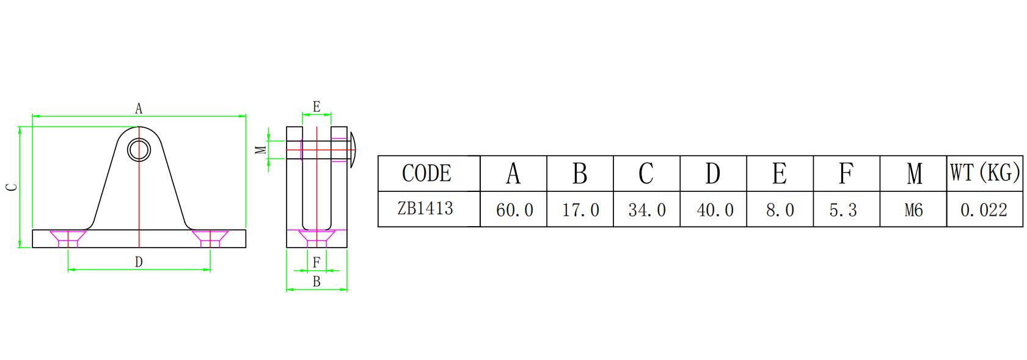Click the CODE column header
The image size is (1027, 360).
(426, 174)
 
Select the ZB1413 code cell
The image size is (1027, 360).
(425, 208)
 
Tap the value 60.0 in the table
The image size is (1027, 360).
(514, 210)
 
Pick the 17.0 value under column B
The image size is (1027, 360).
(580, 210)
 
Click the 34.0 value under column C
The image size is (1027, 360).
(647, 210)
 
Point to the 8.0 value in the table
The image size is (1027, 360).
(780, 210)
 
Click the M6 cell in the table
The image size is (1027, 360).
(913, 210)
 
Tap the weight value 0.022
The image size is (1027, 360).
(984, 210)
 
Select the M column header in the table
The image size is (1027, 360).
(914, 174)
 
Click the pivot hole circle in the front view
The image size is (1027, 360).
(139, 149)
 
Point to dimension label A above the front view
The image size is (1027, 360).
(139, 109)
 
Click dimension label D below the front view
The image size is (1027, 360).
(139, 262)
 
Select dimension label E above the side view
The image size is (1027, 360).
(316, 107)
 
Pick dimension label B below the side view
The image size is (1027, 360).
(316, 282)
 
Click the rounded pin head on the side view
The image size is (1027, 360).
(353, 150)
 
